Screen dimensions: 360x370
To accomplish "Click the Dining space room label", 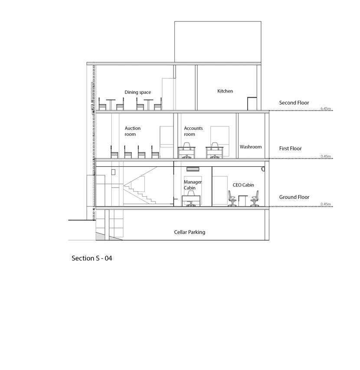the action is [x=137, y=92].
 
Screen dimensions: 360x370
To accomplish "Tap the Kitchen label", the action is [x=225, y=91].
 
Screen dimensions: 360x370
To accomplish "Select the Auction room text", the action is [x=132, y=131].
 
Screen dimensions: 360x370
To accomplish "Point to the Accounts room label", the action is [x=193, y=131].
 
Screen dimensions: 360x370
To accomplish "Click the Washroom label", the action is [x=251, y=147].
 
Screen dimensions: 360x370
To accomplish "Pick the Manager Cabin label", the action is [x=193, y=185].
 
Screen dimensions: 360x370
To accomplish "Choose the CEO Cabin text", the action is [x=243, y=185].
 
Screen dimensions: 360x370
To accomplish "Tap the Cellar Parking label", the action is [x=190, y=232].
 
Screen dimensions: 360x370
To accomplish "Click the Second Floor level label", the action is [x=294, y=103].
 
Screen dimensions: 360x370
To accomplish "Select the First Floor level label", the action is [x=290, y=149].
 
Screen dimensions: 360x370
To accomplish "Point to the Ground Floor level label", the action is [x=294, y=197].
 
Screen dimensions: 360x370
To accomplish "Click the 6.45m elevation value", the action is [x=326, y=109].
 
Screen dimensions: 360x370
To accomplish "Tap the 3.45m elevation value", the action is [x=326, y=156].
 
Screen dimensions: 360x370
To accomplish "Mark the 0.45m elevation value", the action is [x=326, y=205].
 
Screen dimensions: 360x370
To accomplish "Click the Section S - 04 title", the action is [x=92, y=258].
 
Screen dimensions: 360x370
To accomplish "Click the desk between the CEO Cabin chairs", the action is [x=242, y=201].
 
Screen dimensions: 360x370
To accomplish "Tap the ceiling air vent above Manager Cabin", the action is [x=193, y=169].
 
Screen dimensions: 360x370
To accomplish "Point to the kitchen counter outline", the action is [x=252, y=103].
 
